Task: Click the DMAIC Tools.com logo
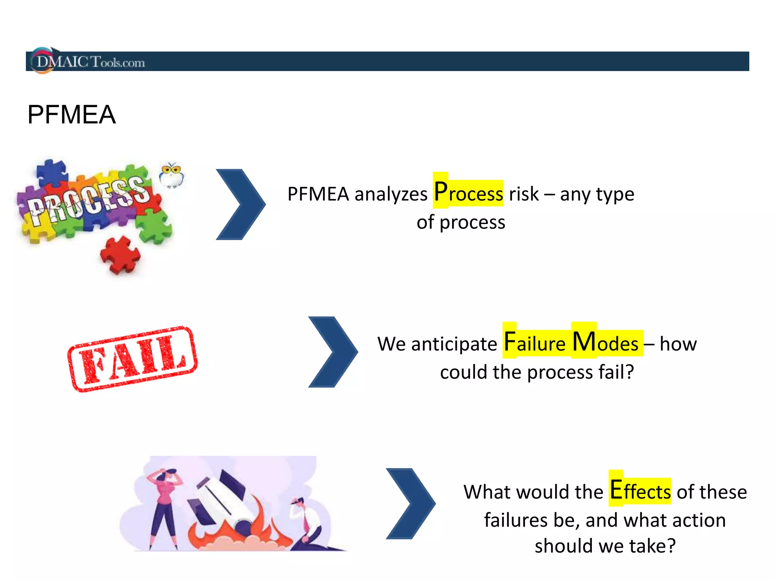pos(89,61)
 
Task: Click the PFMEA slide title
pos(72,115)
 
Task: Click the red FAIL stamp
pos(132,359)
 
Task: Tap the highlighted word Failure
pos(534,342)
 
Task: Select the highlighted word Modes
pos(605,342)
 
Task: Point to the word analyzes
pos(391,194)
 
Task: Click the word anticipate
pos(454,344)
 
